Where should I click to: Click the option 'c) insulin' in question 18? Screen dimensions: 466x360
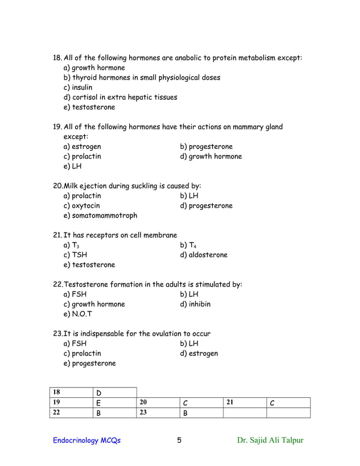tap(78, 87)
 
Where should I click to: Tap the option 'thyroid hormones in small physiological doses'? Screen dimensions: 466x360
tap(142, 77)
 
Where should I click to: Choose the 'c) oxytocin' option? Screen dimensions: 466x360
tap(82, 205)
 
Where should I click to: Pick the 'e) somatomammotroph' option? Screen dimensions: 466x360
tap(100, 216)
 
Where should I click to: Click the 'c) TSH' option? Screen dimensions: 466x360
tap(75, 255)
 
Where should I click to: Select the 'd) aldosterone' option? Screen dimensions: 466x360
tap(204, 255)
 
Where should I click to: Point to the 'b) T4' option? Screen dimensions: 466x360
tap(188, 245)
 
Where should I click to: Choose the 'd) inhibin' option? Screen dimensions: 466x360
tap(195, 304)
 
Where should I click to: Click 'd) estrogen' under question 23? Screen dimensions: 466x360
tap(199, 354)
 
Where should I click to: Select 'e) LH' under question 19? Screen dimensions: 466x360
tap(71, 166)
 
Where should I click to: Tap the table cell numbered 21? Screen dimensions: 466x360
tap(244, 402)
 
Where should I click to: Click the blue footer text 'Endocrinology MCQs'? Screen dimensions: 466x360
tap(87, 441)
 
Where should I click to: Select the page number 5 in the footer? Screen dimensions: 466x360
tap(179, 441)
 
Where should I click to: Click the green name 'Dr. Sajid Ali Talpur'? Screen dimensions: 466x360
tap(270, 441)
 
